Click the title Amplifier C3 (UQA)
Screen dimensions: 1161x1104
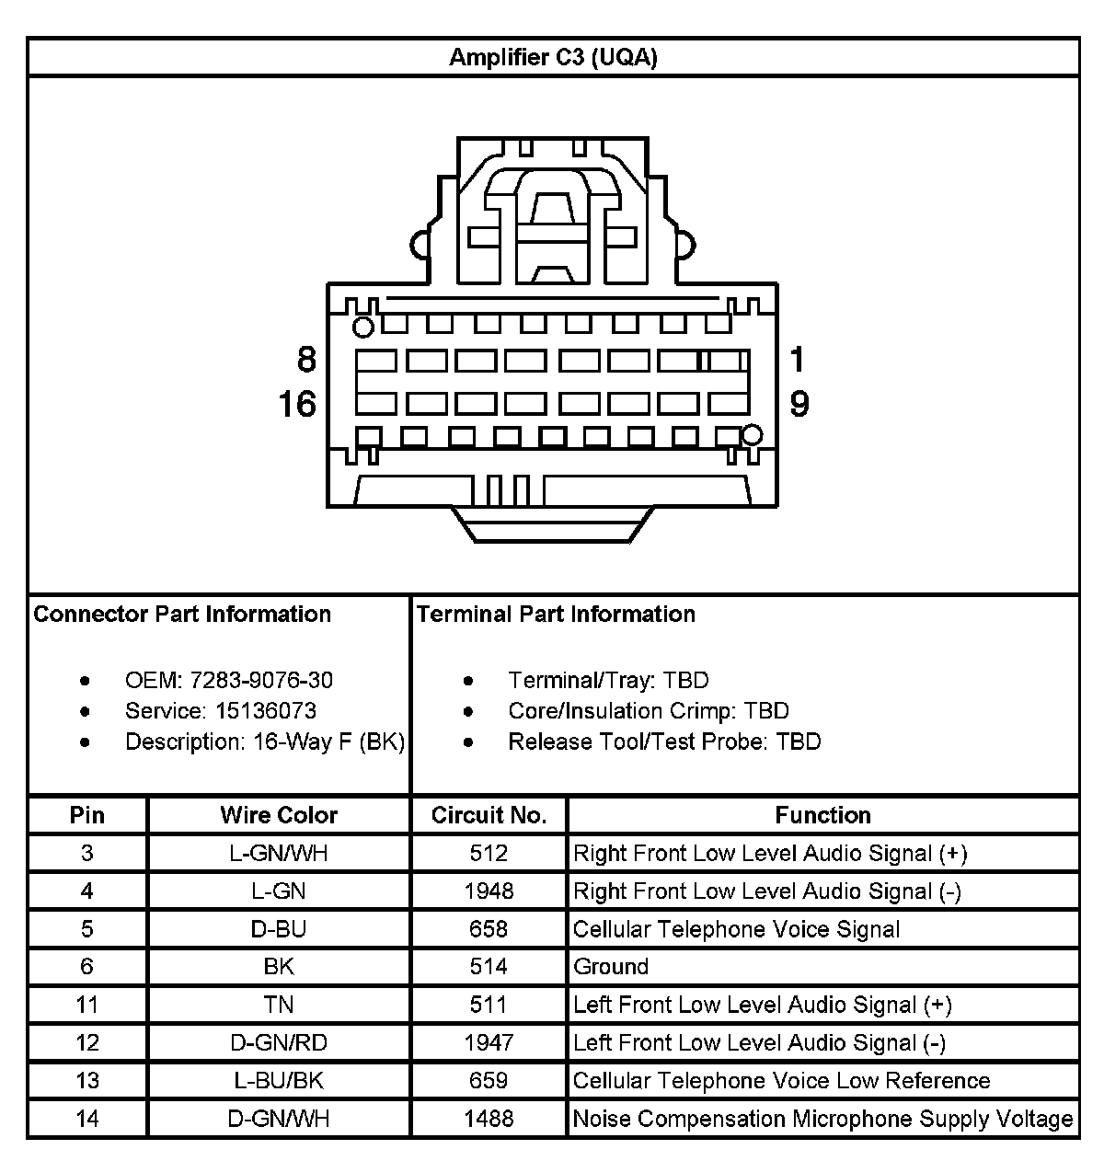pyautogui.click(x=553, y=58)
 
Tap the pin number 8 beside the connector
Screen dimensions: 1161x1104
pyautogui.click(x=306, y=359)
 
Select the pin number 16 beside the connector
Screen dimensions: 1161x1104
pyautogui.click(x=297, y=404)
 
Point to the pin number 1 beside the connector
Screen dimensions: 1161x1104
pyautogui.click(x=797, y=359)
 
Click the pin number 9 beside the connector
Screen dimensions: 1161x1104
pyautogui.click(x=799, y=404)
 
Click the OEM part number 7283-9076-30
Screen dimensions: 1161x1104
pyautogui.click(x=261, y=681)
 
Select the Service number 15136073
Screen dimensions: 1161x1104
pyautogui.click(x=266, y=711)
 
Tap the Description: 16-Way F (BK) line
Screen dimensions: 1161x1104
pyautogui.click(x=265, y=741)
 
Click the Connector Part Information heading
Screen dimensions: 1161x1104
pyautogui.click(x=182, y=615)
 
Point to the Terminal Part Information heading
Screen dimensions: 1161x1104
pyautogui.click(x=556, y=615)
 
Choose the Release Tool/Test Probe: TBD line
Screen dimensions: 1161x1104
pyautogui.click(x=664, y=741)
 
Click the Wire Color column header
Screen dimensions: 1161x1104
pyautogui.click(x=279, y=815)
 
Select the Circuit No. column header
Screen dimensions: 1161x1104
pyautogui.click(x=489, y=815)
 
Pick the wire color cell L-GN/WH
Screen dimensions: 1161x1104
pyautogui.click(x=279, y=854)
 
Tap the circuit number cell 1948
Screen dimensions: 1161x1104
pyautogui.click(x=489, y=891)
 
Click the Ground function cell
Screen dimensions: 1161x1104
pyautogui.click(x=611, y=967)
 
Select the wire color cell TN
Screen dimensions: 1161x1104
pyautogui.click(x=279, y=1005)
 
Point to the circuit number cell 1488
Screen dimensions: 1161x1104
pyautogui.click(x=489, y=1119)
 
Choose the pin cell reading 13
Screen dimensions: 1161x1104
pyautogui.click(x=87, y=1081)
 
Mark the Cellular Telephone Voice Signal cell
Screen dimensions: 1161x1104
pyautogui.click(x=736, y=929)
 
